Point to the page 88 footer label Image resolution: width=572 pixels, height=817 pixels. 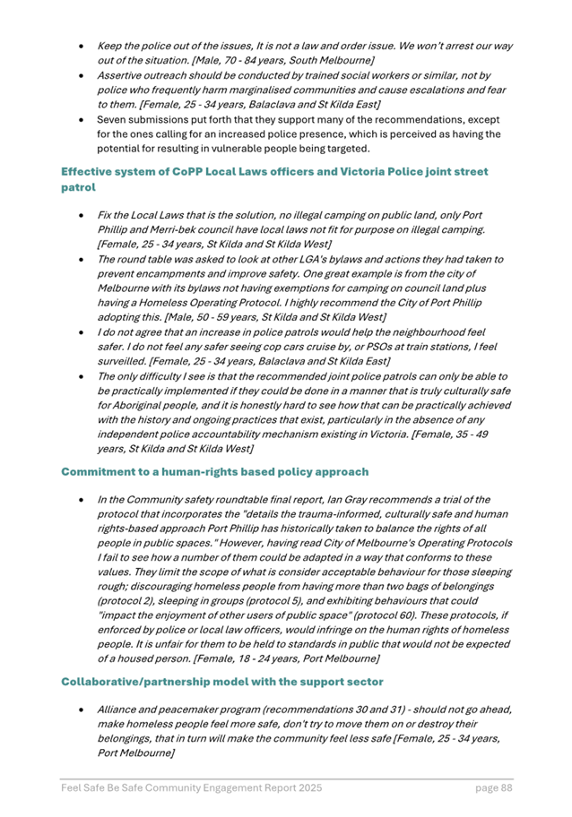click(x=493, y=788)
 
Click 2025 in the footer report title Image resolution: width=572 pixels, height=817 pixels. click(x=306, y=788)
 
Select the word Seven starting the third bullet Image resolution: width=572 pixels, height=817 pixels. click(x=115, y=118)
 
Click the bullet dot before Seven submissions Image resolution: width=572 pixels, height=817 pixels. click(x=82, y=118)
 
